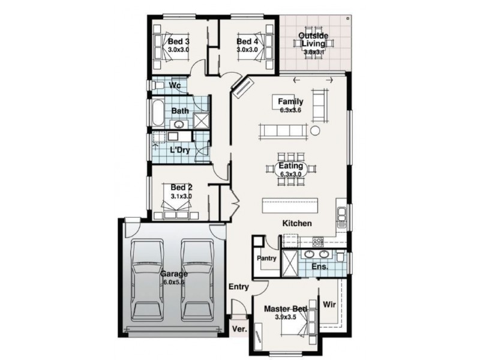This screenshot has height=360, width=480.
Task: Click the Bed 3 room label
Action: pos(179,41)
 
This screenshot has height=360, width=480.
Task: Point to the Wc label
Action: pos(175,86)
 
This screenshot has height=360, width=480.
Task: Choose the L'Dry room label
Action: pos(179,150)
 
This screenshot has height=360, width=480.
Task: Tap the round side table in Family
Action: pos(315,131)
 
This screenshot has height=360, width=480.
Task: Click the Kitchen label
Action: pos(298,223)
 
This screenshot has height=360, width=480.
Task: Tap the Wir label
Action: pos(329,304)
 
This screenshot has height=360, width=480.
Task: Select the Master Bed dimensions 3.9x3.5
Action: pos(286,317)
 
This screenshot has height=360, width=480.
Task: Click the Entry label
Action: pos(238,287)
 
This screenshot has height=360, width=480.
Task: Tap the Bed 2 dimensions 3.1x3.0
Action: pos(181,196)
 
